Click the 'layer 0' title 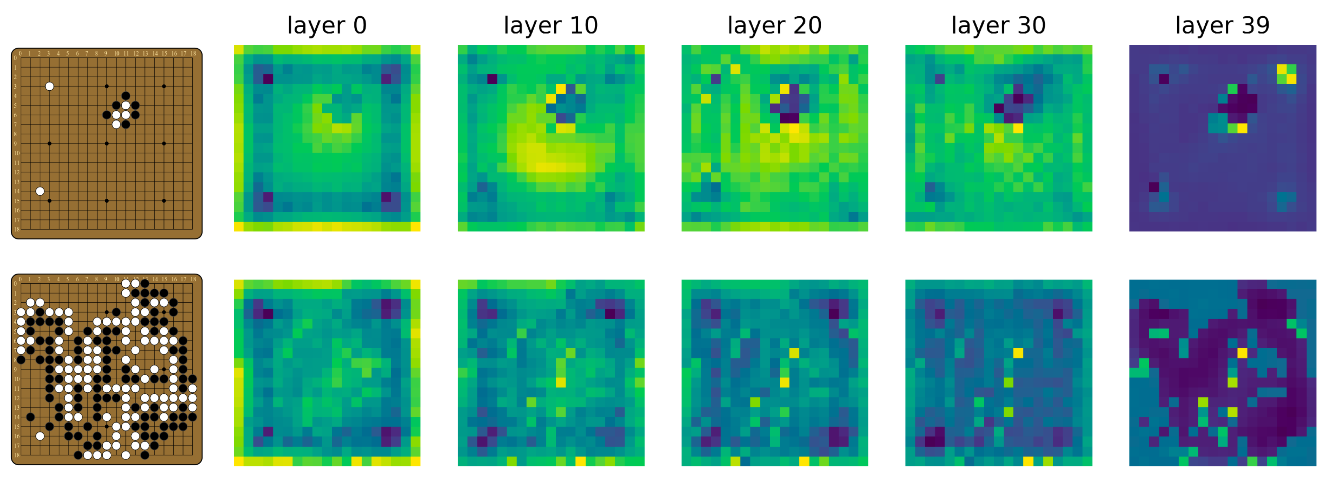click(x=327, y=25)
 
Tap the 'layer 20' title click(x=774, y=25)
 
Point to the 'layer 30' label click(x=999, y=25)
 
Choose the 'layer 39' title click(x=1222, y=25)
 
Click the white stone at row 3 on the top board click(x=49, y=86)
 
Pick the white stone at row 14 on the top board click(x=40, y=191)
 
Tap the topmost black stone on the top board click(x=125, y=96)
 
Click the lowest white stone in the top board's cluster click(x=116, y=124)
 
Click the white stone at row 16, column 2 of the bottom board click(x=40, y=436)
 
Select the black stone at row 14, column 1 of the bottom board click(x=30, y=417)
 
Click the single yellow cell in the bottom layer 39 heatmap click(x=1242, y=353)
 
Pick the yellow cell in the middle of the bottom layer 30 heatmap click(x=1018, y=353)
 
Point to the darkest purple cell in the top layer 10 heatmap click(x=492, y=79)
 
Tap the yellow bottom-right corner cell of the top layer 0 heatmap click(x=416, y=226)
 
